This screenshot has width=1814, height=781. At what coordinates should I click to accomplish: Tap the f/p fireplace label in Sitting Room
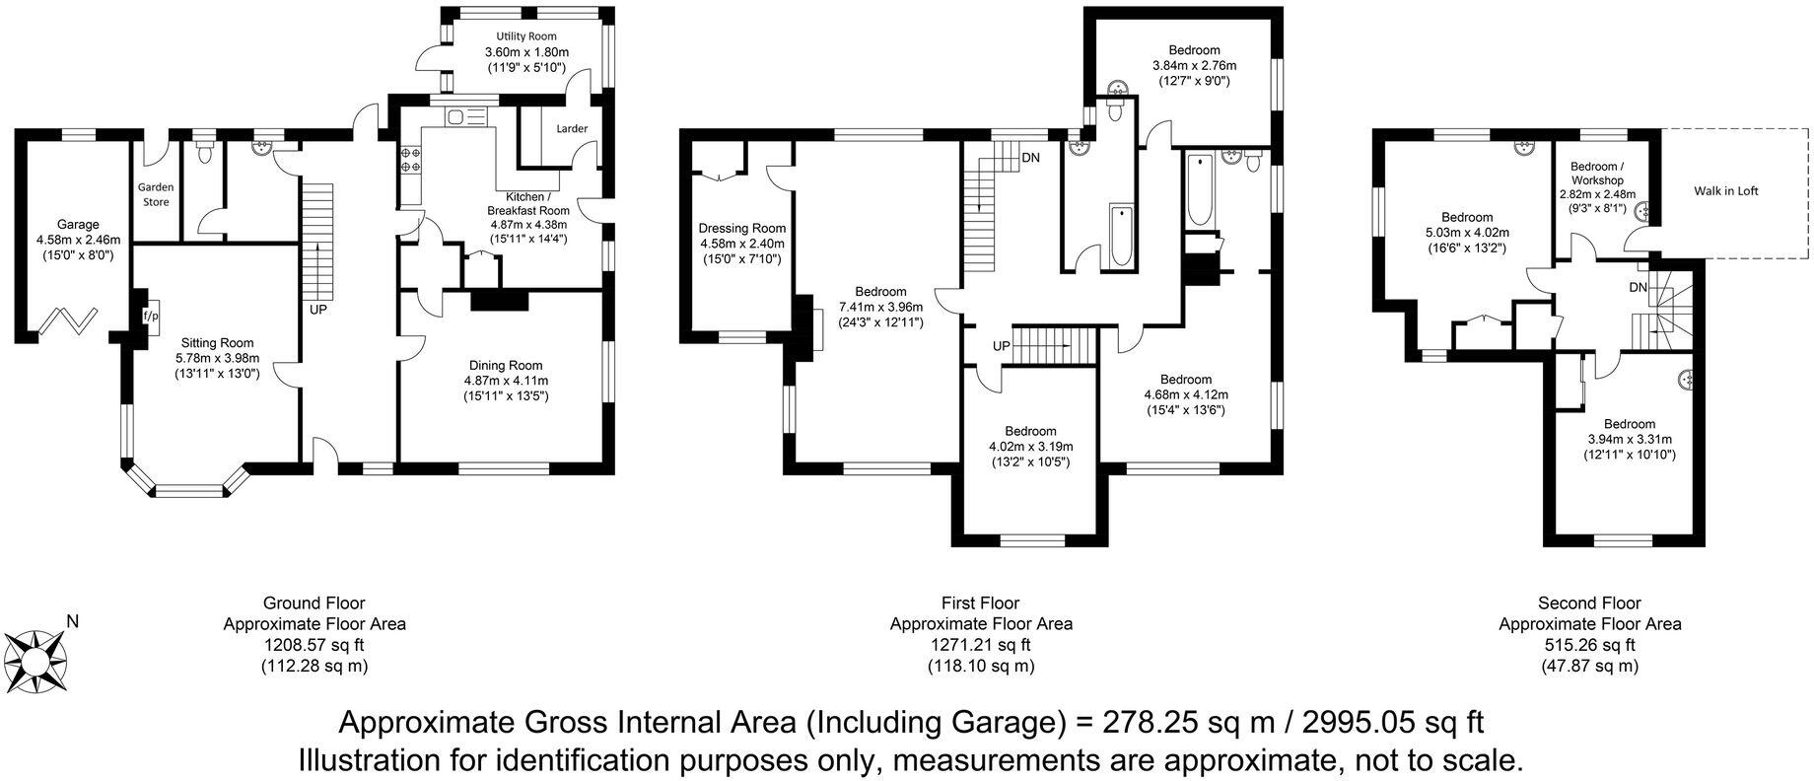pyautogui.click(x=151, y=317)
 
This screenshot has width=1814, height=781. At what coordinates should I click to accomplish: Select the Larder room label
pyautogui.click(x=572, y=129)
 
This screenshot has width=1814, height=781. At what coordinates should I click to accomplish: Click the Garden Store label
pyautogui.click(x=156, y=194)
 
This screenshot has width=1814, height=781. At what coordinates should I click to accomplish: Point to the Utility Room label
pyautogui.click(x=526, y=35)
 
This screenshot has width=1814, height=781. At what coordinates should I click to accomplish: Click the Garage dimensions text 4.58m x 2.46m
pyautogui.click(x=78, y=240)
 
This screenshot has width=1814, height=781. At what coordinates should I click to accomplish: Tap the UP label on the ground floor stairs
pyautogui.click(x=318, y=310)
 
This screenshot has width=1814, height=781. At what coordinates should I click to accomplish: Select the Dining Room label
pyautogui.click(x=506, y=365)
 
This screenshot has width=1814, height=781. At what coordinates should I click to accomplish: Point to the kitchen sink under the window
pyautogui.click(x=467, y=117)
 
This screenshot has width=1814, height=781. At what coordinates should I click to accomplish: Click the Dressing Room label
pyautogui.click(x=741, y=228)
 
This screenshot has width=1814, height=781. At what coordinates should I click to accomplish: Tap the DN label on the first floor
pyautogui.click(x=1030, y=158)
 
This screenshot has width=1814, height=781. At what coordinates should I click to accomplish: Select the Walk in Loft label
pyautogui.click(x=1725, y=191)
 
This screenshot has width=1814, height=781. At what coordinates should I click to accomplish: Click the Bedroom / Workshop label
pyautogui.click(x=1597, y=174)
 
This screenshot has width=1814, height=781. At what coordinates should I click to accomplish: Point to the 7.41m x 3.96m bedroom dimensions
pyautogui.click(x=880, y=307)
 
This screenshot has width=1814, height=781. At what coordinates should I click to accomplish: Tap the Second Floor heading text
pyautogui.click(x=1589, y=603)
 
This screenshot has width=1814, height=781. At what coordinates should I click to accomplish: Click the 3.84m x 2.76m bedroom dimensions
pyautogui.click(x=1194, y=66)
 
